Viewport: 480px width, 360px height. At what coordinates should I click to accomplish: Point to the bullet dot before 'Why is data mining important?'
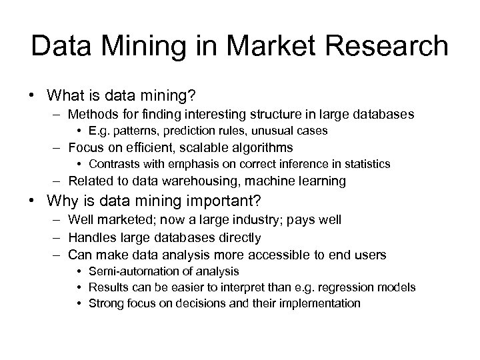33,201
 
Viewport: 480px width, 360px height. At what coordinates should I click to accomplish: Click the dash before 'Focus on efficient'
58,147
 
